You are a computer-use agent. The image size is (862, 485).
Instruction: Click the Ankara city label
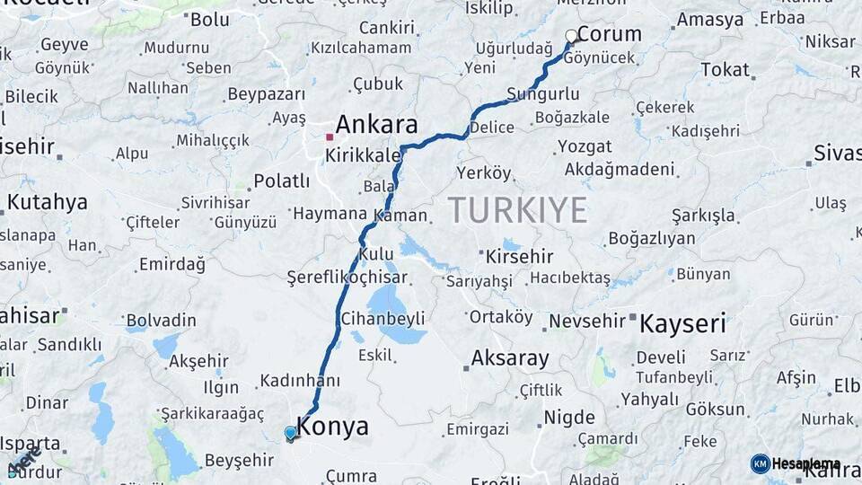pyautogui.click(x=377, y=124)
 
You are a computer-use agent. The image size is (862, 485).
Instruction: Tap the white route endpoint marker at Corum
pyautogui.click(x=571, y=36)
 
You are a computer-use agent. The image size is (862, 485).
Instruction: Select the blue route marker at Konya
pyautogui.click(x=290, y=434)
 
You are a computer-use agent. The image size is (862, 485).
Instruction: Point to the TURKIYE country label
pyautogui.click(x=517, y=209)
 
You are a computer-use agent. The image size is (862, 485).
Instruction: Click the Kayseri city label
pyautogui.click(x=682, y=323)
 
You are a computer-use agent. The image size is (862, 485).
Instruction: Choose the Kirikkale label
pyautogui.click(x=363, y=155)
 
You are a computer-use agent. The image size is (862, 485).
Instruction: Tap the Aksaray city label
pyautogui.click(x=510, y=358)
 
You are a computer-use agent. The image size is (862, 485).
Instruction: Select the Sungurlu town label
pyautogui.click(x=542, y=94)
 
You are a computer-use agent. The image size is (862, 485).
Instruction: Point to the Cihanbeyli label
pyautogui.click(x=383, y=319)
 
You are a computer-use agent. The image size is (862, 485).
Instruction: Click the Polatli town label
pyautogui.click(x=281, y=181)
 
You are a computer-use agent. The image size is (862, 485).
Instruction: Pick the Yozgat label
pyautogui.click(x=585, y=145)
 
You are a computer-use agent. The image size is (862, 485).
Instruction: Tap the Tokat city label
pyautogui.click(x=725, y=69)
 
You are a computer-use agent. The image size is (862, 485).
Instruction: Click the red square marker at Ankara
pyautogui.click(x=330, y=137)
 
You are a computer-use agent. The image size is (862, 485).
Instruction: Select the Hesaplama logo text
pyautogui.click(x=805, y=463)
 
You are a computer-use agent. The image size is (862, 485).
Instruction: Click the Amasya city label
pyautogui.click(x=709, y=20)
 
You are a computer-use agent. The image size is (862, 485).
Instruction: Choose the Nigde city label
pyautogui.click(x=569, y=418)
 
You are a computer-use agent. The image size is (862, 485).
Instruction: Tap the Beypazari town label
pyautogui.click(x=268, y=94)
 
